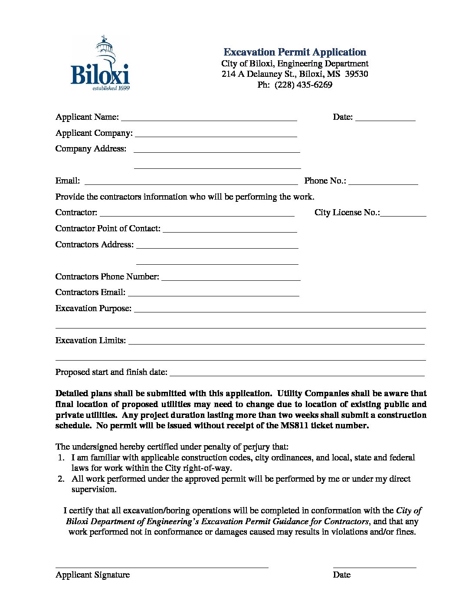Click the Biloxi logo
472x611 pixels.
[100, 64]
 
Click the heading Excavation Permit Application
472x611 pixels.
[295, 52]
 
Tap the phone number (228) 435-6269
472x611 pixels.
[303, 85]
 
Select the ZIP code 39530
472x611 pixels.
[356, 74]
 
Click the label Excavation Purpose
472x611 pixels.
[93, 309]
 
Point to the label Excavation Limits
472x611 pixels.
[91, 341]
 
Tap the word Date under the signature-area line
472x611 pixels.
[341, 575]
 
